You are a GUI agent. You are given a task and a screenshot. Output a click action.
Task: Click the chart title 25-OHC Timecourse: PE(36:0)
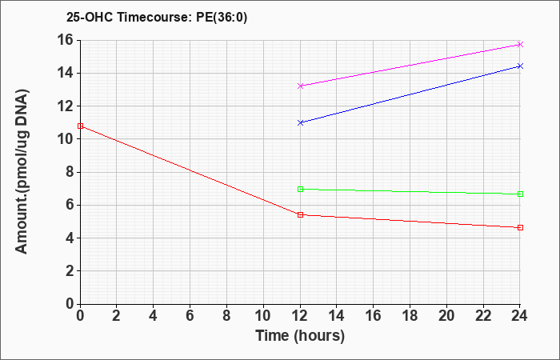[x=157, y=18]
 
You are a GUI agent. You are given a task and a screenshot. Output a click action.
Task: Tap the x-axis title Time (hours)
[x=300, y=336]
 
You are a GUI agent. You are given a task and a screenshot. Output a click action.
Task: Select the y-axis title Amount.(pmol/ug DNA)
[x=22, y=172]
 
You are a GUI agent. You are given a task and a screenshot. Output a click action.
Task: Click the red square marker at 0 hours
[x=80, y=126]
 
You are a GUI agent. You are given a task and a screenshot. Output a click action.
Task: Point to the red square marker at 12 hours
[x=300, y=214]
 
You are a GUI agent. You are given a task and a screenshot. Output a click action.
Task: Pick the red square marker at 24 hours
[x=520, y=227]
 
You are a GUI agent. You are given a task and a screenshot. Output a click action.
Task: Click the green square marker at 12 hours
[x=300, y=189]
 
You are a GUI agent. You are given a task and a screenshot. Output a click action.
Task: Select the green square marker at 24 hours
[x=520, y=194]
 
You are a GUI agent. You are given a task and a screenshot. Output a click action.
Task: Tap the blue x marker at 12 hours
[x=300, y=122]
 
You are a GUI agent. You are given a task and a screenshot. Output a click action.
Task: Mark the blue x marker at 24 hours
[x=520, y=66]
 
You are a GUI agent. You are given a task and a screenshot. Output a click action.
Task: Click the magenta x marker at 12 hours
[x=300, y=86]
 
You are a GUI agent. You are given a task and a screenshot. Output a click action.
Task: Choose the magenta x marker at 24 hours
[x=520, y=44]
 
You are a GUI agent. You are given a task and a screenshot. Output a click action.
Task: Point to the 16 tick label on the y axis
[x=66, y=40]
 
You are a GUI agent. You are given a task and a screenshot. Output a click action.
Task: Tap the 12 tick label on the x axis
[x=300, y=316]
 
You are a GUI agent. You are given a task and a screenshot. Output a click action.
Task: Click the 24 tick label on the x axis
[x=520, y=316]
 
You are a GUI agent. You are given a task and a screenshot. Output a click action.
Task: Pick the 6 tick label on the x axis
[x=190, y=316]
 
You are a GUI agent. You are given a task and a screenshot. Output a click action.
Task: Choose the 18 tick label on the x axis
[x=410, y=316]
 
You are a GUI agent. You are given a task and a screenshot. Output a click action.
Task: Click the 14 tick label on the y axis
[x=66, y=74]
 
